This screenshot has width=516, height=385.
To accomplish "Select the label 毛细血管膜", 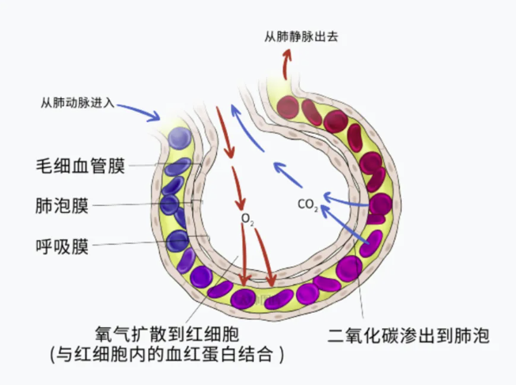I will pyautogui.click(x=80, y=166).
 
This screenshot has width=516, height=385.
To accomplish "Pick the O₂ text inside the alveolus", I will pyautogui.click(x=247, y=217).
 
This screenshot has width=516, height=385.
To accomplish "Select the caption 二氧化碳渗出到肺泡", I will pyautogui.click(x=408, y=335).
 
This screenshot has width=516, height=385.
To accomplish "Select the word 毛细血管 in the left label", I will pyautogui.click(x=71, y=166).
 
